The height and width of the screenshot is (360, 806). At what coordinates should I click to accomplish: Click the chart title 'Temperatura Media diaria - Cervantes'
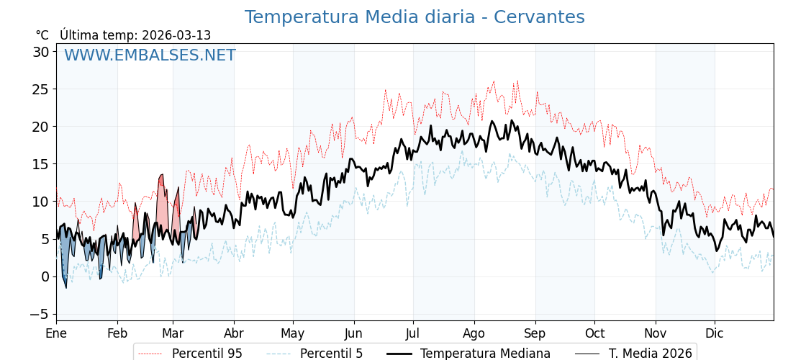coord(415,17)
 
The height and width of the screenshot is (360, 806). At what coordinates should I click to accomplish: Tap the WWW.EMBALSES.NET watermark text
coord(150,55)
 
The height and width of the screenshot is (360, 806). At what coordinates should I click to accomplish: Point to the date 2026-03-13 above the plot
coord(176,35)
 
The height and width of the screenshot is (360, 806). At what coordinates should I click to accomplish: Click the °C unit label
coord(42,35)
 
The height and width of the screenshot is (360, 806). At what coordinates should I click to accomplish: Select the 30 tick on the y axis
coord(40,52)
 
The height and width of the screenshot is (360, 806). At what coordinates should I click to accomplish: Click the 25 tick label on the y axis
coord(40,89)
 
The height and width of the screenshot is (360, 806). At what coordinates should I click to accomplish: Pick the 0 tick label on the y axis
coord(45,276)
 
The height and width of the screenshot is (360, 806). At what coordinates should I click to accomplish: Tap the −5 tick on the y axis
coord(39,314)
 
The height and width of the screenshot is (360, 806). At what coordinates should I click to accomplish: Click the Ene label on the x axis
coord(56,333)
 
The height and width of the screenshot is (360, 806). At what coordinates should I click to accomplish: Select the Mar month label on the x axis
coord(173,333)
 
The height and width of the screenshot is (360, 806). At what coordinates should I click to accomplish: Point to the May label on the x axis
coord(293,333)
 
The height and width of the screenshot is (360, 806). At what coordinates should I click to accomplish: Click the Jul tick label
coord(413,333)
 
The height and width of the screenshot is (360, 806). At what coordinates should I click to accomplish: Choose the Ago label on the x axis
coord(474,333)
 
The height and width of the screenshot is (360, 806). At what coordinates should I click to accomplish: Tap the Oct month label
coord(594,333)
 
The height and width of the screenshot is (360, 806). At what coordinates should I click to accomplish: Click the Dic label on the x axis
coord(715,333)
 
